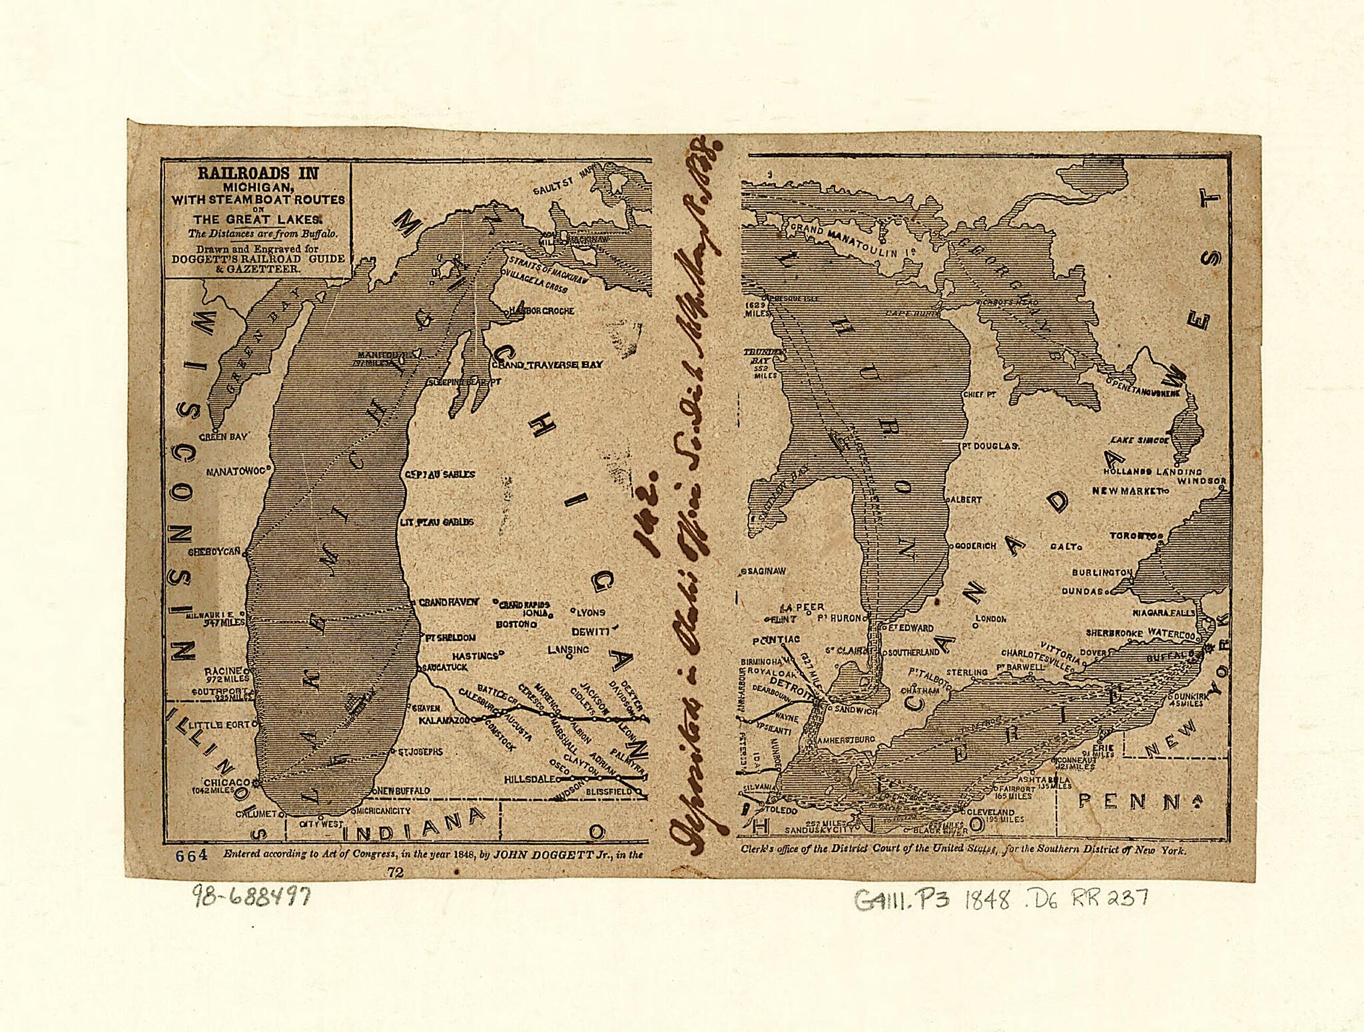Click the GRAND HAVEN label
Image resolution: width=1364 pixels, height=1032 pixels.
click(x=448, y=602)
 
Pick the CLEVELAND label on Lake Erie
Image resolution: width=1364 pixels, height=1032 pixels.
click(x=991, y=812)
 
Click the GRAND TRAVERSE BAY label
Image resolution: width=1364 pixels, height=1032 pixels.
click(x=547, y=364)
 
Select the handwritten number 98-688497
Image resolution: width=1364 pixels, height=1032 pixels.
click(x=252, y=897)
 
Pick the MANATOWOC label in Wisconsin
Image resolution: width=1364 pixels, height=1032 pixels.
click(x=236, y=471)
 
